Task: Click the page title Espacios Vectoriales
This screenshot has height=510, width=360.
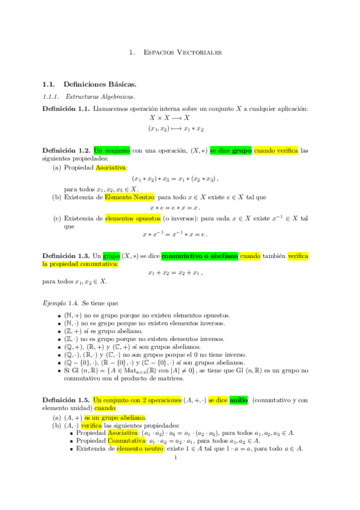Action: click(x=183, y=53)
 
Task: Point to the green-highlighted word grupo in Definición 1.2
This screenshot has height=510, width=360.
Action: click(x=242, y=150)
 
